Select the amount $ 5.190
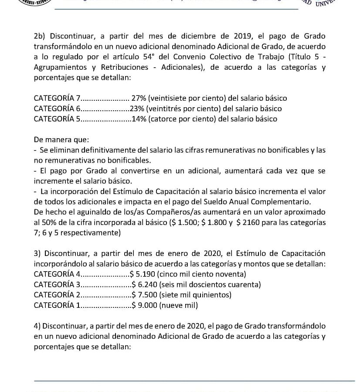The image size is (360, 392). coord(142,274)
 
